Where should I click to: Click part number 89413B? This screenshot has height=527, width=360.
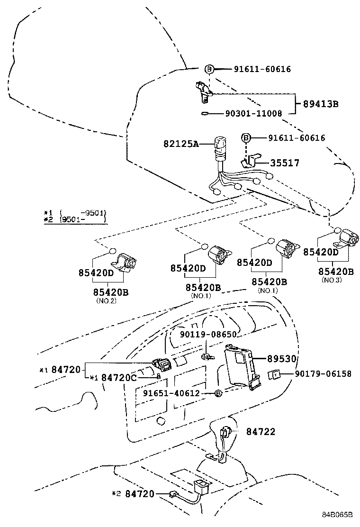318,104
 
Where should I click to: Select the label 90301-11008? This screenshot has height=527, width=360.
254,114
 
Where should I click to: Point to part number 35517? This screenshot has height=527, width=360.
285,163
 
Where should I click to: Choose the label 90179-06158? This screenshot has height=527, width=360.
323,374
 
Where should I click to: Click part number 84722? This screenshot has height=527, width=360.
260,432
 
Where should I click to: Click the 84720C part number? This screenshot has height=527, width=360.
119,378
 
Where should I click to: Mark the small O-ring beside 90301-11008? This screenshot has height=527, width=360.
205,114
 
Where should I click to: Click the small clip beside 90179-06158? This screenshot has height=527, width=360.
273,375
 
